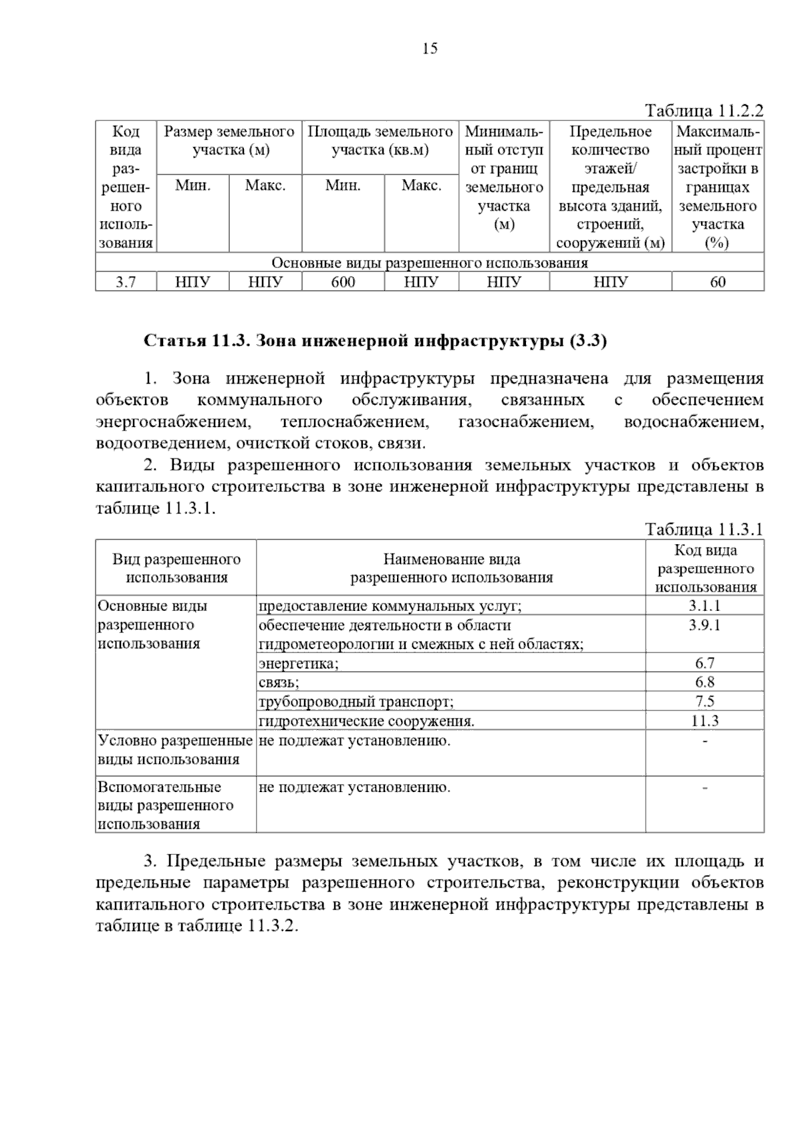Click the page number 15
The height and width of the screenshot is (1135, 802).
430,48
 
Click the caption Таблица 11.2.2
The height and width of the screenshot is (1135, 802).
704,110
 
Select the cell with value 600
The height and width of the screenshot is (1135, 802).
343,282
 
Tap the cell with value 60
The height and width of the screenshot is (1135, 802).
717,282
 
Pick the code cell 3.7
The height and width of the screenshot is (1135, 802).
126,282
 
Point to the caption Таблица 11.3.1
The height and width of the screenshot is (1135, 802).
704,530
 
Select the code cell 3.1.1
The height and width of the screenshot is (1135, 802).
704,606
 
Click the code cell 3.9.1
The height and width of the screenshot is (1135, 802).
704,626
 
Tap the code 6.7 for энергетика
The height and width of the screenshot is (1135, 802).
704,663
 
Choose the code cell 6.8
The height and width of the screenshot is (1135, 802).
704,682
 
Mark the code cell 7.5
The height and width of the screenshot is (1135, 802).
704,701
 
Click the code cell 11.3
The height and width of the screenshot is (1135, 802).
704,721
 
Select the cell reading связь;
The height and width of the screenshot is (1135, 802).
279,682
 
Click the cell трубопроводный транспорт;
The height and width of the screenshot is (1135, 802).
356,702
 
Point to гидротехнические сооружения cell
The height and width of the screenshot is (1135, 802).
366,721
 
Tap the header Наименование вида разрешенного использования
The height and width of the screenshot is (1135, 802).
451,568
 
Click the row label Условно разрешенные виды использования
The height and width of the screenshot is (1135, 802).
175,750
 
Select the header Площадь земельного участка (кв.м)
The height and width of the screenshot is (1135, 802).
380,140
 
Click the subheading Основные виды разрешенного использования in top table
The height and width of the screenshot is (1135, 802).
430,263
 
